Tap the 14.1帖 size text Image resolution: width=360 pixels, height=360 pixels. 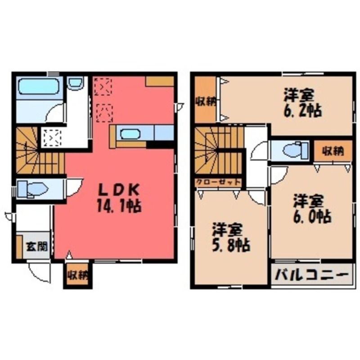click(x=119, y=206)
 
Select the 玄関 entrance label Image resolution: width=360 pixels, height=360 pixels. click(x=37, y=247)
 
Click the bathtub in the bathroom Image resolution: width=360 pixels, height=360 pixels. click(x=39, y=86)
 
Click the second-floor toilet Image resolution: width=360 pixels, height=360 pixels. click(x=296, y=150)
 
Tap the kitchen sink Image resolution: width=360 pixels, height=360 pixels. click(x=130, y=134)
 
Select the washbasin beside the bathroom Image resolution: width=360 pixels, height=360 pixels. click(x=76, y=83)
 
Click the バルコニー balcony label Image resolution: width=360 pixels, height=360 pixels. click(x=311, y=275)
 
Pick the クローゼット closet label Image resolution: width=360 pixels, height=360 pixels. click(x=218, y=182)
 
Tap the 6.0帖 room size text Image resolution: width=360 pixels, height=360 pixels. click(x=312, y=216)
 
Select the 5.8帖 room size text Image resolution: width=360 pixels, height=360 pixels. click(x=231, y=246)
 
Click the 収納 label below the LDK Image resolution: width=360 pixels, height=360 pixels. click(x=78, y=275)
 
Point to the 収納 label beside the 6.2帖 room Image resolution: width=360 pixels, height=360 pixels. click(x=206, y=102)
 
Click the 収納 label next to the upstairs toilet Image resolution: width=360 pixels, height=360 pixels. click(x=333, y=152)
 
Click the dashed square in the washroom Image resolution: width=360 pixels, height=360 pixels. click(x=52, y=138)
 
